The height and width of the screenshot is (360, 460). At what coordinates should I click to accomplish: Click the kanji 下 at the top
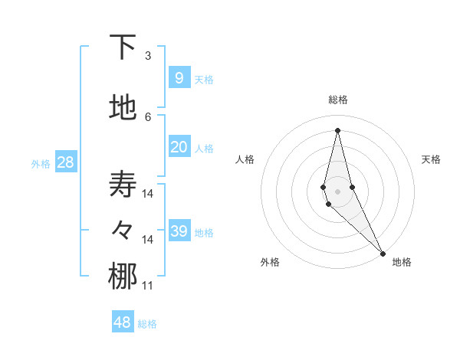pyautogui.click(x=123, y=47)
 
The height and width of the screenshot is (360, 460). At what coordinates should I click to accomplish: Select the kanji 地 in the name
pyautogui.click(x=123, y=109)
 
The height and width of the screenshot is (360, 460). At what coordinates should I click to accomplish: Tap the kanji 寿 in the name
pyautogui.click(x=123, y=185)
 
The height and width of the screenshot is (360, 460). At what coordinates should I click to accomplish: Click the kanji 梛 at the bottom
pyautogui.click(x=123, y=277)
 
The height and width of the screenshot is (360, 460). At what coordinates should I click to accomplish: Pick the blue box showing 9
pyautogui.click(x=179, y=77)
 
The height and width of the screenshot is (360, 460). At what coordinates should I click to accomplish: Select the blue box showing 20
pyautogui.click(x=179, y=147)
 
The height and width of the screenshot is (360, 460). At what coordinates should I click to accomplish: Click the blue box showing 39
pyautogui.click(x=179, y=231)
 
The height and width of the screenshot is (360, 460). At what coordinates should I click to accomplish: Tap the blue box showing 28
pyautogui.click(x=65, y=162)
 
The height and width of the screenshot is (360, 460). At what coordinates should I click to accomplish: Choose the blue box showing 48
pyautogui.click(x=123, y=322)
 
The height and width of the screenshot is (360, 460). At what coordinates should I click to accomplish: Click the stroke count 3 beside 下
pyautogui.click(x=148, y=56)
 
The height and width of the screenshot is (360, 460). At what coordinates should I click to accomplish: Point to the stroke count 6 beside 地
pyautogui.click(x=148, y=116)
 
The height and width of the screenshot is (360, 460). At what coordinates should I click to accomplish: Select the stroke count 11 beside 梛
pyautogui.click(x=148, y=286)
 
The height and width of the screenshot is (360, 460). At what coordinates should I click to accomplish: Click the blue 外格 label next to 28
pyautogui.click(x=41, y=163)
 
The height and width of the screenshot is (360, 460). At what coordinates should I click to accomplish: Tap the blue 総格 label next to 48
pyautogui.click(x=147, y=324)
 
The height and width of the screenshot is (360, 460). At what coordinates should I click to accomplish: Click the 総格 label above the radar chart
pyautogui.click(x=337, y=100)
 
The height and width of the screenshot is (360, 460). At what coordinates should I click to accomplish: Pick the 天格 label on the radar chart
pyautogui.click(x=431, y=159)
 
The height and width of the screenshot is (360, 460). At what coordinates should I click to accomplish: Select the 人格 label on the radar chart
pyautogui.click(x=245, y=159)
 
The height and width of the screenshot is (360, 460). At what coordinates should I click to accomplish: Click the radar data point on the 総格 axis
pyautogui.click(x=337, y=130)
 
